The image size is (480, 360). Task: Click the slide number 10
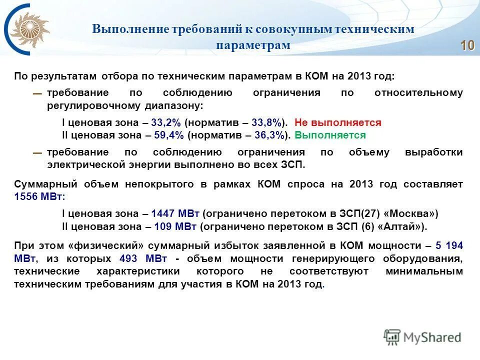[467, 45]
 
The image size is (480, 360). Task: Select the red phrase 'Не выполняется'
[338, 123]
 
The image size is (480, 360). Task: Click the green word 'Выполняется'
[330, 135]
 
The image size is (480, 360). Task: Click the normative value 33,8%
[268, 123]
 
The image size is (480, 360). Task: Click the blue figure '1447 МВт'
[175, 214]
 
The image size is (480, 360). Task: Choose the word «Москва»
[410, 214]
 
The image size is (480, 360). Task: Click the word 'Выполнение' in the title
[130, 29]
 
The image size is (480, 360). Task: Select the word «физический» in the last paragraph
[106, 246]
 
